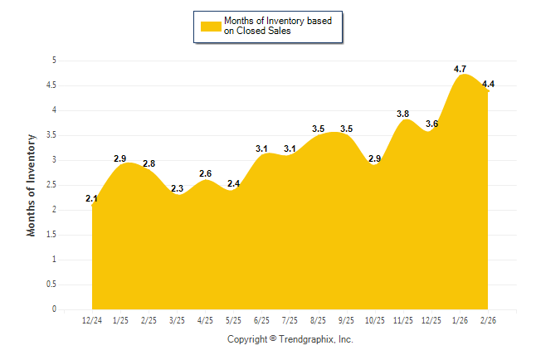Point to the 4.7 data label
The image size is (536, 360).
460,69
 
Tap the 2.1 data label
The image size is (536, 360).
92,198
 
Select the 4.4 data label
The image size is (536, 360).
488,84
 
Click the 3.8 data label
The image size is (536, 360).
404,114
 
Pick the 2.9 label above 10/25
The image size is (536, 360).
375,158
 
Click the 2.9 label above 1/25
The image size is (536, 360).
120,158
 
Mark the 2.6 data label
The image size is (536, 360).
205,173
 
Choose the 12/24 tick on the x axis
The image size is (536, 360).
92,320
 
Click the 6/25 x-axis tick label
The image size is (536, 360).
261,320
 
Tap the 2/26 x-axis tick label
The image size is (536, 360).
488,320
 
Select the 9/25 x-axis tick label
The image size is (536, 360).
347,320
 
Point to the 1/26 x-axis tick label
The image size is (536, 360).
460,320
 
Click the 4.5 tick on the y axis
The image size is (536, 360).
51,85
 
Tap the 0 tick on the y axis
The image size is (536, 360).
54,309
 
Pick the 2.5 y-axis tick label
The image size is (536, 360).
51,185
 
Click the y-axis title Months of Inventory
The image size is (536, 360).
32,185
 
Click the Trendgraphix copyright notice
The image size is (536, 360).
290,339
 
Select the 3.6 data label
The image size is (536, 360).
432,124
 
